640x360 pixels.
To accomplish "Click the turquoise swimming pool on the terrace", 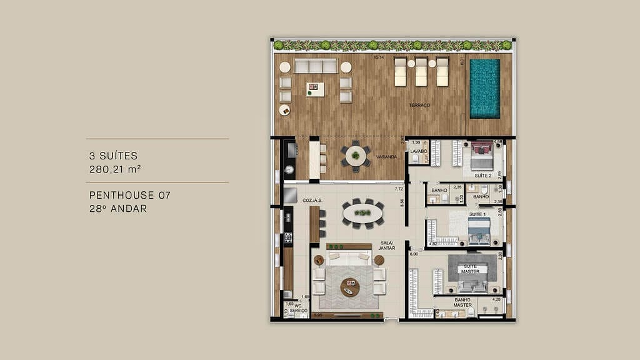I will click(x=485, y=88).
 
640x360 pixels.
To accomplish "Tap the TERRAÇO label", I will click(x=419, y=106).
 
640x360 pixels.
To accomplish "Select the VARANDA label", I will click(x=387, y=157).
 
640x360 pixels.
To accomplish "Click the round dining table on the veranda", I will click(x=356, y=155).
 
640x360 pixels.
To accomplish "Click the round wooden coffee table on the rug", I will click(x=350, y=287).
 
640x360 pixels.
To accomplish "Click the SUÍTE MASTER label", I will click(x=470, y=268).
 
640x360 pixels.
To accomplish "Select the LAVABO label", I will click(x=417, y=151).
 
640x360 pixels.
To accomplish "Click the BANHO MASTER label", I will click(x=462, y=302).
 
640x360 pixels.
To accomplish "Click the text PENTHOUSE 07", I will click(x=129, y=196).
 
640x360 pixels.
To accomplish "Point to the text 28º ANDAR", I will click(x=118, y=209).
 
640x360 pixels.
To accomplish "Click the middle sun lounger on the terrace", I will click(x=421, y=72).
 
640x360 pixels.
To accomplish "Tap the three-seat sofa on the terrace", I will click(x=316, y=66).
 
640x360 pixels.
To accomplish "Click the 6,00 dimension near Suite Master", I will click(x=414, y=254).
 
